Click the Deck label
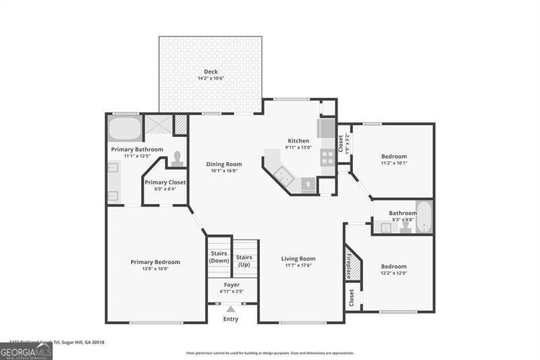[211, 72]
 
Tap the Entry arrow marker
[230, 309]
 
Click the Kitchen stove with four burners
[327, 157]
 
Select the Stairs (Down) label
[219, 257]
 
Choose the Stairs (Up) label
[244, 260]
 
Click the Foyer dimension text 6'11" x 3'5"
[232, 291]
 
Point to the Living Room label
[298, 258]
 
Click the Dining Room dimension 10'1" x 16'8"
[223, 170]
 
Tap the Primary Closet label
[165, 182]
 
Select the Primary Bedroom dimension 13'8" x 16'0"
[155, 269]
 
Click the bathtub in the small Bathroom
[423, 217]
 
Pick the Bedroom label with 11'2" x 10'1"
[394, 155]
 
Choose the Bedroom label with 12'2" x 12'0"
[394, 266]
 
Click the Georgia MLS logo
[26, 351]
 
